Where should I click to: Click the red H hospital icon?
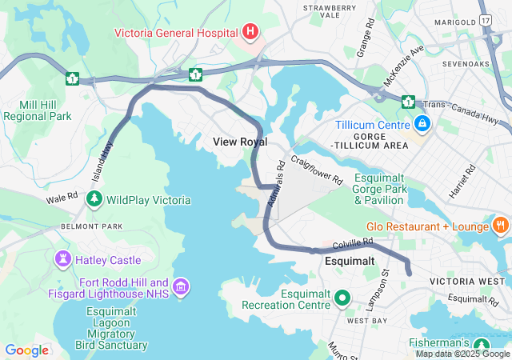[250, 33]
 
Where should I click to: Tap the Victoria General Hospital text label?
[176, 33]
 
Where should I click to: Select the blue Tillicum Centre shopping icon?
[422, 123]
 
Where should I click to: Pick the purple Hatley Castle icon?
[62, 259]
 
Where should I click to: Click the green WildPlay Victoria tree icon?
[94, 199]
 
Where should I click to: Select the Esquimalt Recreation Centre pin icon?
[343, 298]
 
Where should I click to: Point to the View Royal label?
[240, 142]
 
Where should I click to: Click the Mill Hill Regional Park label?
[38, 110]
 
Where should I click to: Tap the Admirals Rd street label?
[276, 186]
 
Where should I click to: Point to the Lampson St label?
[385, 286]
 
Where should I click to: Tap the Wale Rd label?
[62, 197]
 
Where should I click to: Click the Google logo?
[26, 350]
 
